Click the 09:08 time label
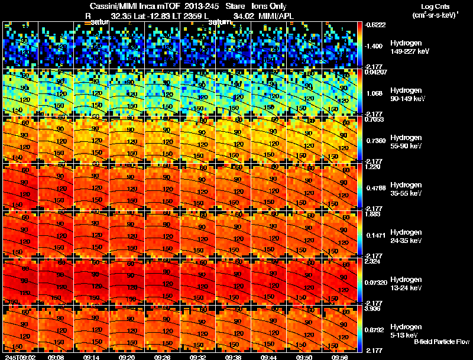[x=56, y=357]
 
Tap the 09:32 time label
[x=198, y=357]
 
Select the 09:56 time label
[x=340, y=357]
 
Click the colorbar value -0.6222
[x=376, y=25]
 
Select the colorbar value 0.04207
[x=376, y=72]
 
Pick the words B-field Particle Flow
[x=441, y=342]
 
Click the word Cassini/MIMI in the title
[x=112, y=6]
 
